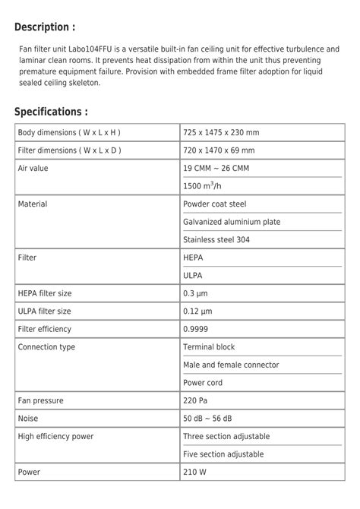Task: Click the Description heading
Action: tap(45, 27)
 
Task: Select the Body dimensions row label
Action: tap(69, 132)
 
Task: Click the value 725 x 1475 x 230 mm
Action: tap(221, 132)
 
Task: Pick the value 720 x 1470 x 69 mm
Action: tap(219, 150)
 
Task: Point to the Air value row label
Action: tap(33, 168)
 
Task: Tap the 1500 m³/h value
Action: tap(201, 185)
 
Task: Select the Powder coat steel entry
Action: tap(214, 204)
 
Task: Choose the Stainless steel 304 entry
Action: tap(216, 239)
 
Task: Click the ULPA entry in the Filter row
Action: tap(193, 275)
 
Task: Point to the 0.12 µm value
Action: tap(197, 311)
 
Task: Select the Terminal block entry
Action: tap(209, 346)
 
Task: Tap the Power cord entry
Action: tap(203, 382)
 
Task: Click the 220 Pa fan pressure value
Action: tap(195, 400)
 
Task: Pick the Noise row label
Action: tap(28, 418)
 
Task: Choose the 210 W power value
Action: tap(195, 472)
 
